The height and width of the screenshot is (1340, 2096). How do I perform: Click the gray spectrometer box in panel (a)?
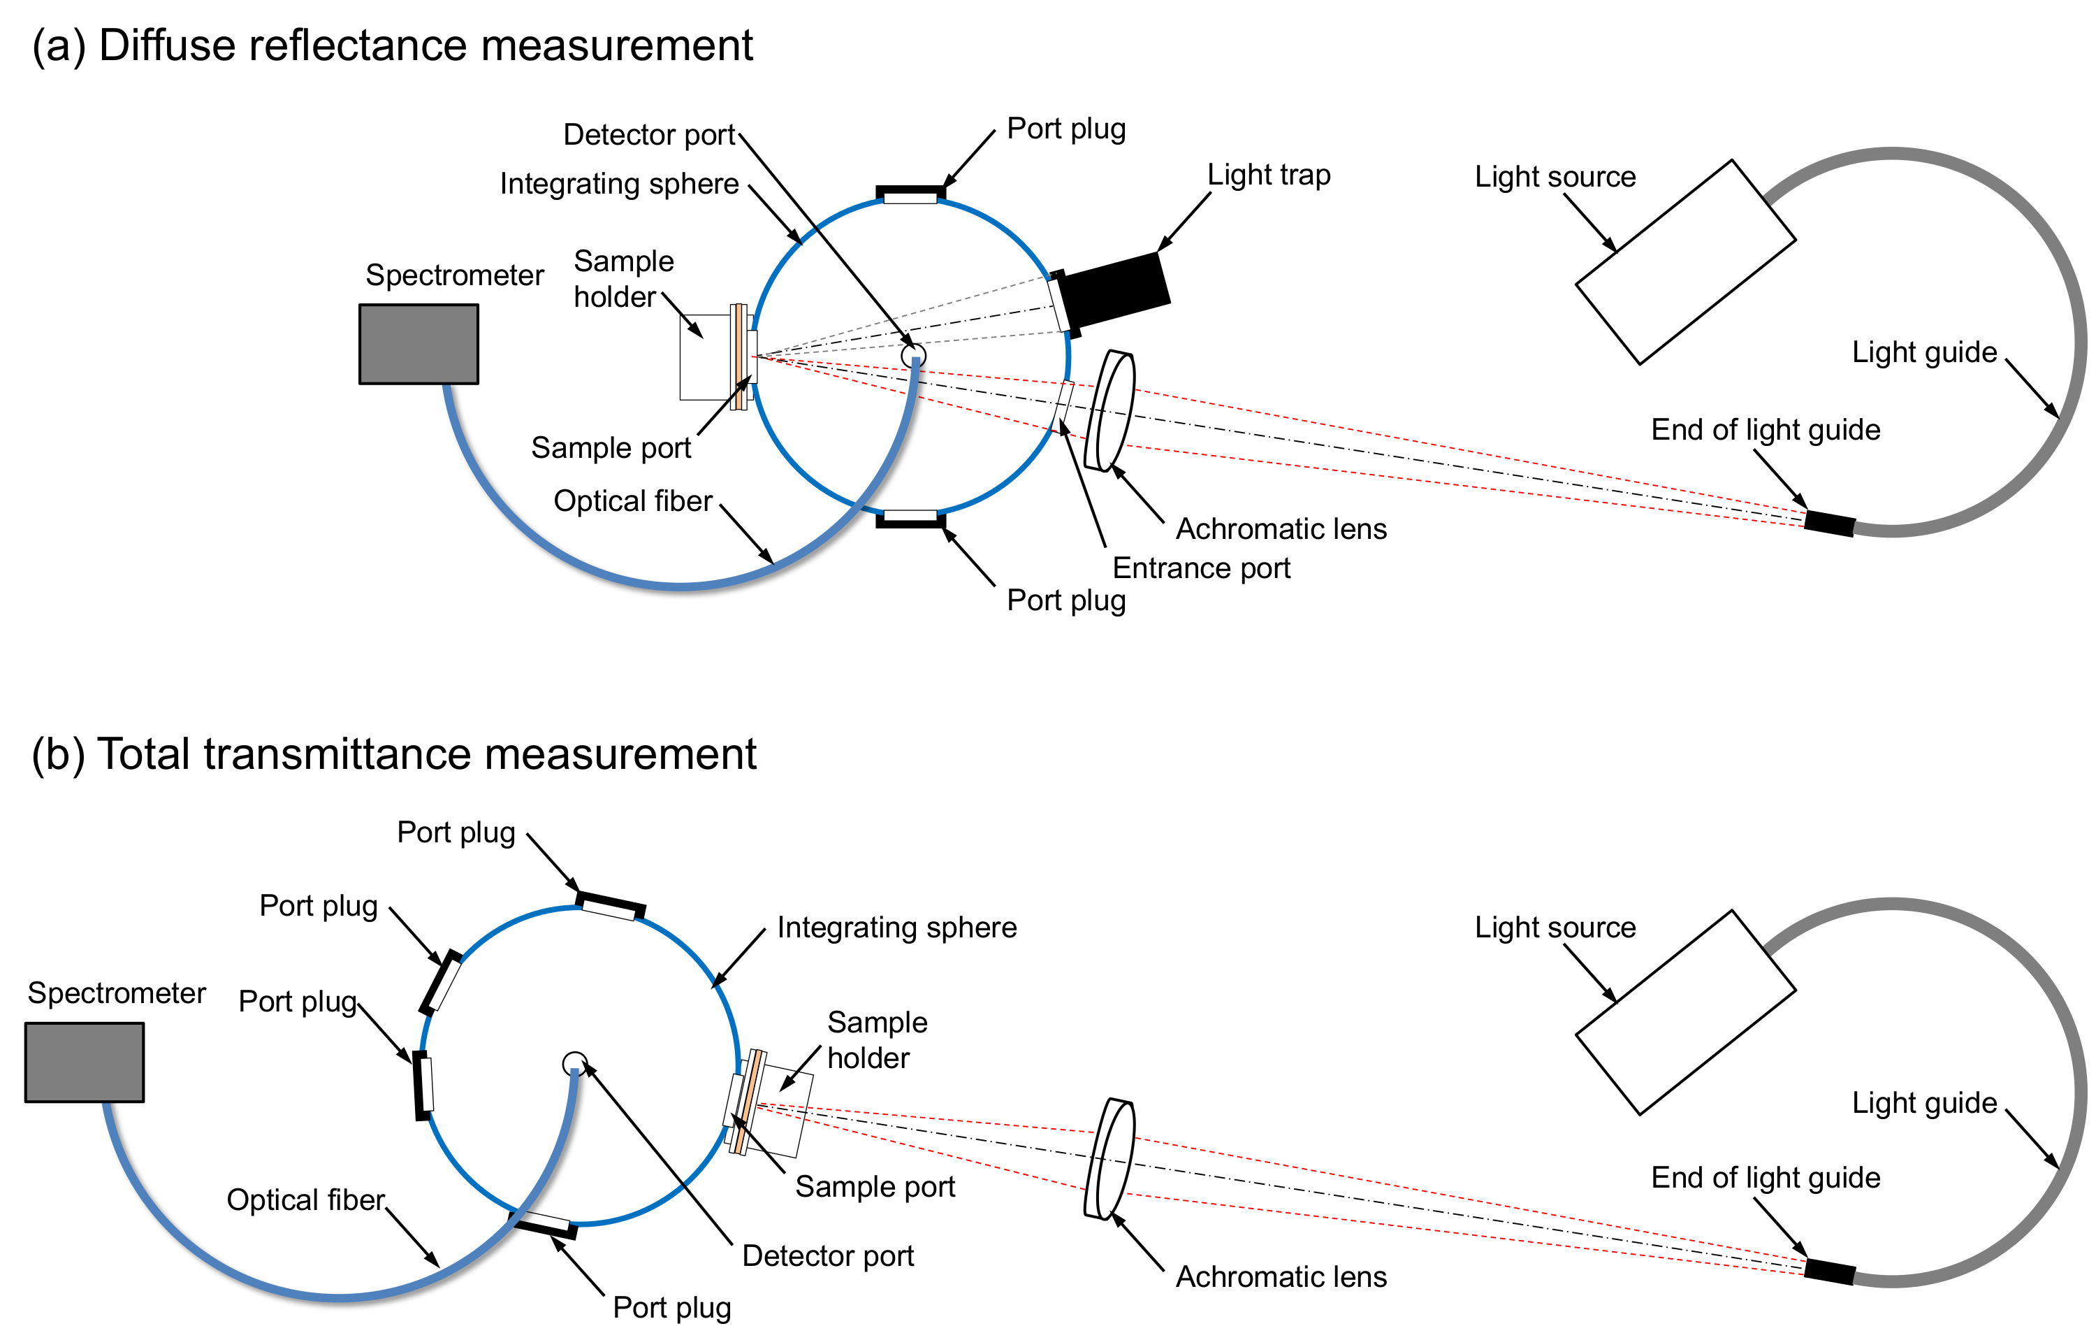(419, 344)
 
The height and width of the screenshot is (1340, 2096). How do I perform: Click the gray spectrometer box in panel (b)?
(85, 1062)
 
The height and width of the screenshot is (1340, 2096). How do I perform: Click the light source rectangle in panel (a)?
(1686, 262)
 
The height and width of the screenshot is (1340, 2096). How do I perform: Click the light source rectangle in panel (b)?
(1686, 1013)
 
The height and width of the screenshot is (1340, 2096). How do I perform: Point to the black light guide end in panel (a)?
(1830, 524)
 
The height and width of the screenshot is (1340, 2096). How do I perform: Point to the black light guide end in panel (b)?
(1830, 1272)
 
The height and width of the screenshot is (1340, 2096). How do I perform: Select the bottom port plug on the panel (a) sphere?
(910, 521)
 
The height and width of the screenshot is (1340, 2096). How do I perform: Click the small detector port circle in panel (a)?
(913, 355)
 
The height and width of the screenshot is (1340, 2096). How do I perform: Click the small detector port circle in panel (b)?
(574, 1063)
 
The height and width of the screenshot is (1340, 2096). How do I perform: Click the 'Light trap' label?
(1268, 175)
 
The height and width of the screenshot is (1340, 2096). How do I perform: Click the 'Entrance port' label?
(1201, 568)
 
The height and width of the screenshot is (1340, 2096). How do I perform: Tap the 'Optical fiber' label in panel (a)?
(633, 500)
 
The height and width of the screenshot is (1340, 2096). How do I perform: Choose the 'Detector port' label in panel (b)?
(828, 1255)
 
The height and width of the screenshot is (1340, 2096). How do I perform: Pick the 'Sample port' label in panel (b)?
(875, 1186)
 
